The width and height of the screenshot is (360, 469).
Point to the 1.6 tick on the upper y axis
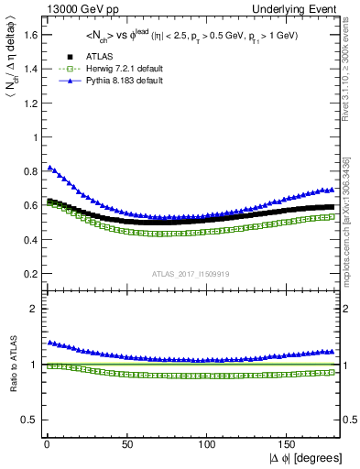pos(28,35)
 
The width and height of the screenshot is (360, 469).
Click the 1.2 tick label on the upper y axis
pos(28,104)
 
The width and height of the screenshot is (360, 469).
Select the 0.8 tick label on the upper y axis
pos(28,171)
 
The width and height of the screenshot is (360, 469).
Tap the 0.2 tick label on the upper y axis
pos(28,274)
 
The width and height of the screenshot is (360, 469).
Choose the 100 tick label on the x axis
pos(206,442)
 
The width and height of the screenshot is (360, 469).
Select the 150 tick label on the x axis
pos(288,442)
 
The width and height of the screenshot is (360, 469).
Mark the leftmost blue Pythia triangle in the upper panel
pos(49,168)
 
